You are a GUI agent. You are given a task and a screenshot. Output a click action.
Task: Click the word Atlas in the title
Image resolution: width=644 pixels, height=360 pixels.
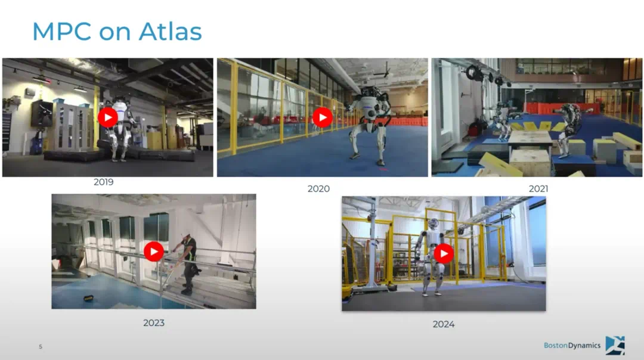tap(170, 31)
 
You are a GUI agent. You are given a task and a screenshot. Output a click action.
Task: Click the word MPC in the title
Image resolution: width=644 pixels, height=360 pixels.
tap(61, 31)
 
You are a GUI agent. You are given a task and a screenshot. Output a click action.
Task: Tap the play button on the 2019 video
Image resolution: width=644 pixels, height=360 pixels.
tap(107, 117)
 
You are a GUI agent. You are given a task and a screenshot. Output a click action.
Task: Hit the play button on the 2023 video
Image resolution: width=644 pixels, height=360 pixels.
tap(154, 251)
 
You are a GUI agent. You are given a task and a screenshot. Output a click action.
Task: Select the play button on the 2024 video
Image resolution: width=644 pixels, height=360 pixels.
tap(444, 253)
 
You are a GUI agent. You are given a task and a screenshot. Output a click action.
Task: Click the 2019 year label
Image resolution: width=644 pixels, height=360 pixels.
tap(104, 182)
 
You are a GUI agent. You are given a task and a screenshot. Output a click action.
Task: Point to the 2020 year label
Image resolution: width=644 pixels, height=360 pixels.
tap(318, 189)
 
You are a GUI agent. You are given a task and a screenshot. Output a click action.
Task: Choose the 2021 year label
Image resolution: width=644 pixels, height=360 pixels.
tap(538, 189)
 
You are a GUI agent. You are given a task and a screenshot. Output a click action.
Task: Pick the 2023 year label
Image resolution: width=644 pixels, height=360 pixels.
tap(154, 323)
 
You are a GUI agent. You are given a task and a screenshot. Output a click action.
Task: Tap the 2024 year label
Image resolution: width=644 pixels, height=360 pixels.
tap(444, 324)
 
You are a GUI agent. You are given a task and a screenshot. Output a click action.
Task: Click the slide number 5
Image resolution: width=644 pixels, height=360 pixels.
tap(41, 347)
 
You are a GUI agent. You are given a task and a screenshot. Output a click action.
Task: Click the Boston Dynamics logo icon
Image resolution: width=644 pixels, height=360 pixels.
tap(615, 345)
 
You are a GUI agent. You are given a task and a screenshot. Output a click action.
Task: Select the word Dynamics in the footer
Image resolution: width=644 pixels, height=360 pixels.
tap(584, 346)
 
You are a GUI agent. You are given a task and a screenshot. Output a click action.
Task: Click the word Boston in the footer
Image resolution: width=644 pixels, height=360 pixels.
tap(556, 345)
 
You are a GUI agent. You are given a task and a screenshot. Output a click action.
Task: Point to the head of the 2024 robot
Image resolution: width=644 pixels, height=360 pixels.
tap(432, 224)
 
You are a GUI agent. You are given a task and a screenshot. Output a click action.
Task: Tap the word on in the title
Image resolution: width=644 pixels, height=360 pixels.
tap(114, 33)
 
